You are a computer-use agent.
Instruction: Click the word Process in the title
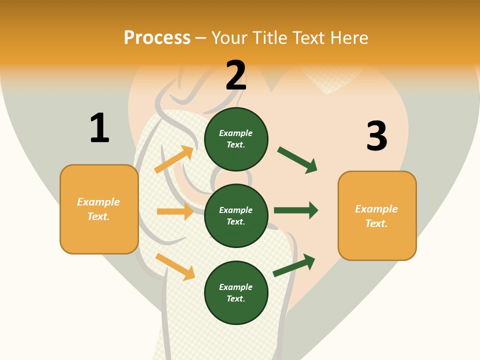pyautogui.click(x=157, y=38)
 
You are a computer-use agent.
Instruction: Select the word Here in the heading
pyautogui.click(x=348, y=38)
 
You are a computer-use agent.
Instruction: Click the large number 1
pyautogui.click(x=99, y=128)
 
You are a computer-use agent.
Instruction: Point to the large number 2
pyautogui.click(x=236, y=75)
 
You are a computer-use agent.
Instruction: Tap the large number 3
pyautogui.click(x=376, y=136)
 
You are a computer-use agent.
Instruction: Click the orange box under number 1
pyautogui.click(x=99, y=209)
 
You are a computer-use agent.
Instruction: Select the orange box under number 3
pyautogui.click(x=377, y=216)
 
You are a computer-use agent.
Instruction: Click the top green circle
pyautogui.click(x=236, y=139)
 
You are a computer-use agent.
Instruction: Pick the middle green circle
pyautogui.click(x=236, y=215)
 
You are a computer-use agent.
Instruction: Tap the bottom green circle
pyautogui.click(x=236, y=292)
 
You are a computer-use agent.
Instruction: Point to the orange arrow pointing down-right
pyautogui.click(x=175, y=266)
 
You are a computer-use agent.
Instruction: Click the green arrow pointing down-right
pyautogui.click(x=297, y=160)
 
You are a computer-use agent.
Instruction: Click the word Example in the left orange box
pyautogui.click(x=98, y=202)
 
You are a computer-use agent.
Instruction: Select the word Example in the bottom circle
pyautogui.click(x=235, y=287)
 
